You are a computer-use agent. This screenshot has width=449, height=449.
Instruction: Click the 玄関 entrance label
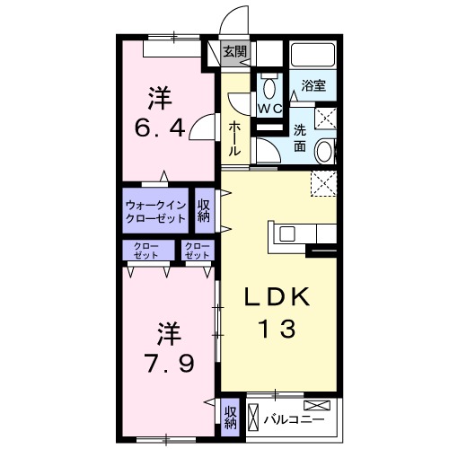point(234,52)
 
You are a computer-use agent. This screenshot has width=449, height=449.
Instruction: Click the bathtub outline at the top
point(313,56)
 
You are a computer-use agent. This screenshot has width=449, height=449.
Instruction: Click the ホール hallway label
point(234,139)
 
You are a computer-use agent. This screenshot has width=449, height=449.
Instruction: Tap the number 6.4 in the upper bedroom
point(163,128)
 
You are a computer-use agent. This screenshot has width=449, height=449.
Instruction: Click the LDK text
point(278,297)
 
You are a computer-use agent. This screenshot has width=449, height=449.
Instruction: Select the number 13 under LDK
point(278,330)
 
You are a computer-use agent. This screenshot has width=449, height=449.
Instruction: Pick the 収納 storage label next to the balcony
point(232,417)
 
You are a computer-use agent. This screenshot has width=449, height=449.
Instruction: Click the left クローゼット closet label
point(143,251)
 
